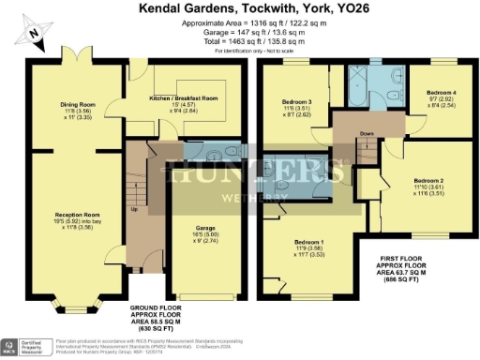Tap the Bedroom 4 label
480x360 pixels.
tap(439, 93)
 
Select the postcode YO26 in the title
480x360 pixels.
tap(339, 7)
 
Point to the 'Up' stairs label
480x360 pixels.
tap(135, 208)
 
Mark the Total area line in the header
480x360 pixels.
tap(247, 40)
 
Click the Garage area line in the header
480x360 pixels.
tap(247, 30)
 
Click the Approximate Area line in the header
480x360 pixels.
tap(247, 21)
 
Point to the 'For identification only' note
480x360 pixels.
tap(247, 50)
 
